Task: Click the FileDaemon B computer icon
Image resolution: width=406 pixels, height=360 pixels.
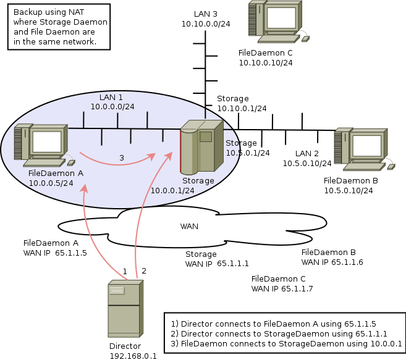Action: [x=361, y=149]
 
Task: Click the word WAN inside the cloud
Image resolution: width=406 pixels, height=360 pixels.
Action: [x=189, y=226]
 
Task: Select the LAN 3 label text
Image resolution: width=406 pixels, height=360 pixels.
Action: [x=205, y=14]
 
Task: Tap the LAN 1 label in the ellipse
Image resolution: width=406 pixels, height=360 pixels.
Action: [x=111, y=98]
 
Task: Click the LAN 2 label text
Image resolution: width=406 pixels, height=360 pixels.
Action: [x=307, y=153]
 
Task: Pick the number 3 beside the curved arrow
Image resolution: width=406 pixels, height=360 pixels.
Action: [x=121, y=158]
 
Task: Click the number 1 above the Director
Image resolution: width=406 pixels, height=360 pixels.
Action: [x=125, y=271]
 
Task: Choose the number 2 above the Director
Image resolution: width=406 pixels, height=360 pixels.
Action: [x=144, y=270]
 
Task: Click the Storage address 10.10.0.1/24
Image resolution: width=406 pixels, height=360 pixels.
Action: [x=242, y=108]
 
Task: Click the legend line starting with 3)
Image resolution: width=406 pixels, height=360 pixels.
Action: [x=287, y=343]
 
